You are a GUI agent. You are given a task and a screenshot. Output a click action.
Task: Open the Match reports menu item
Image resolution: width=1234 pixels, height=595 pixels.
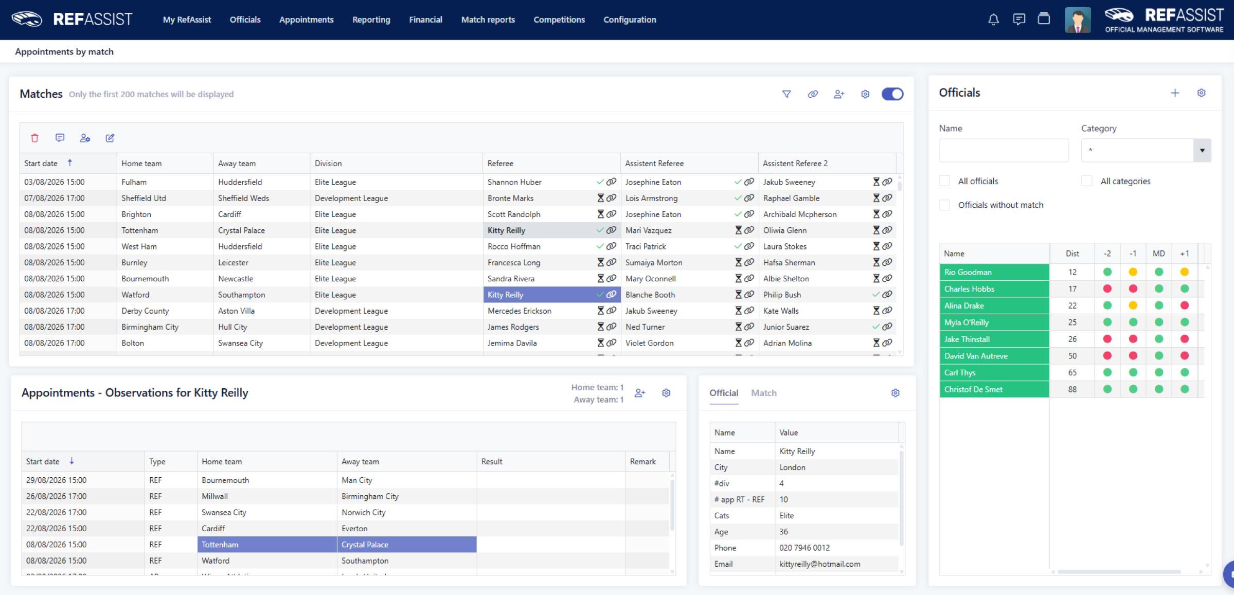coord(488,20)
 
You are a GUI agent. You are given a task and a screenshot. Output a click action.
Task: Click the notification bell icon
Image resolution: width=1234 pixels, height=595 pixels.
coord(993,20)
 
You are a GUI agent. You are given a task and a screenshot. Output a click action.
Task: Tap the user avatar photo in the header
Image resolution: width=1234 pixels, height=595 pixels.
coord(1078,20)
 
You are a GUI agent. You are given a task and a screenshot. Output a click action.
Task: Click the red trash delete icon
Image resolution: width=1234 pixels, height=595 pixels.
coord(34,138)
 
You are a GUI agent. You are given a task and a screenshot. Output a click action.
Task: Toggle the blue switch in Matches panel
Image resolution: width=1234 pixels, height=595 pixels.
coord(892,94)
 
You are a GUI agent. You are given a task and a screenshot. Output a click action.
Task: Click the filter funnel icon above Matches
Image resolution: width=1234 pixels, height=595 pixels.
coord(786,94)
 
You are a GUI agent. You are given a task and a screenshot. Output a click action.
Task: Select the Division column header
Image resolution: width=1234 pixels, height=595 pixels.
coord(328,164)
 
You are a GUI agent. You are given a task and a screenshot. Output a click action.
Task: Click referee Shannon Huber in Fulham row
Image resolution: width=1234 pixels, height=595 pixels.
coord(514,182)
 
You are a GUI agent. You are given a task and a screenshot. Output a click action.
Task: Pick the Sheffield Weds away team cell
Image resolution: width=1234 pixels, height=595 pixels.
coord(243,198)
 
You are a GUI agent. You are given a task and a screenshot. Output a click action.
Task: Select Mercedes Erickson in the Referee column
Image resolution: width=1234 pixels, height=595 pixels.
coord(520,311)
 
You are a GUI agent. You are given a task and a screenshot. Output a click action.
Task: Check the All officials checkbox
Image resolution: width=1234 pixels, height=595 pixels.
coord(944,181)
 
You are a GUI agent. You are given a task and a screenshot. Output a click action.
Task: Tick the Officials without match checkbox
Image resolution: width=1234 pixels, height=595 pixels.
coord(944,205)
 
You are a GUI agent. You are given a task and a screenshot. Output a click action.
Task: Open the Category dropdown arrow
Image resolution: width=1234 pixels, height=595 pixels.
coord(1202,151)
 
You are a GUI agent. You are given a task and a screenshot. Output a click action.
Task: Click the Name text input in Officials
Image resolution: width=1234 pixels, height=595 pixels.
coord(1004,151)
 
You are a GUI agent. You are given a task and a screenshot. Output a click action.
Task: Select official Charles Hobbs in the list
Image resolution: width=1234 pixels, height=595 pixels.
coord(969,289)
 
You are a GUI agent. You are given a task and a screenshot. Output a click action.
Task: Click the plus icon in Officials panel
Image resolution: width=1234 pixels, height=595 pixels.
coord(1175,93)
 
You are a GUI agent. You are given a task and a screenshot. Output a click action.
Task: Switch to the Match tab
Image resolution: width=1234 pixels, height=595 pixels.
coord(764,393)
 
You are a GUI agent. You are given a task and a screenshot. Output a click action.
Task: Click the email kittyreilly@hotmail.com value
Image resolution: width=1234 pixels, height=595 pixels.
coord(819,564)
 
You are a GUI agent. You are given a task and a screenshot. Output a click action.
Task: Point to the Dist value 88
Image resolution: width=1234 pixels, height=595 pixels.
coord(1072,389)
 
